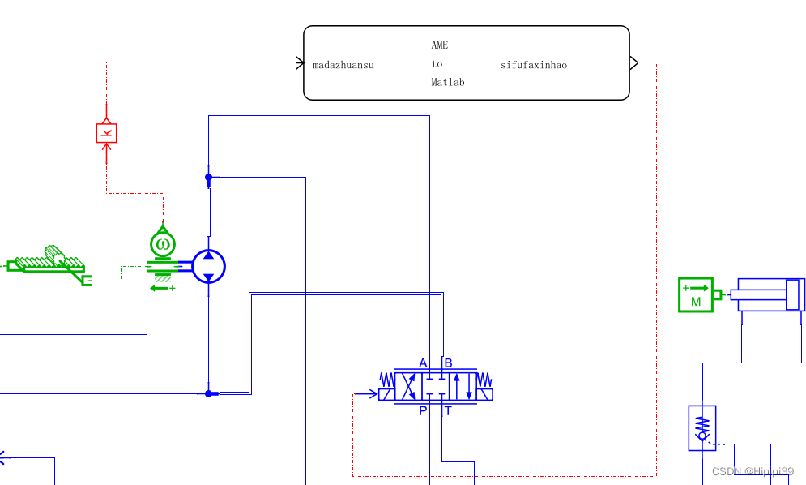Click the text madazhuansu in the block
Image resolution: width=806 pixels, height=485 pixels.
[x=343, y=65]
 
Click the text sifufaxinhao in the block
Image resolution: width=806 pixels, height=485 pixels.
[x=534, y=65]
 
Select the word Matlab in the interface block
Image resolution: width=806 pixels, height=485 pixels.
[x=447, y=83]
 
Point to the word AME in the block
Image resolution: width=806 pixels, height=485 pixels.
[x=439, y=45]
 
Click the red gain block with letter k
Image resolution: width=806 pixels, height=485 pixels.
[x=106, y=133]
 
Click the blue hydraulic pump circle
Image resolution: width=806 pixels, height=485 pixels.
[x=208, y=266]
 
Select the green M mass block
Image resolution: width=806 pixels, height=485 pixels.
[x=696, y=294]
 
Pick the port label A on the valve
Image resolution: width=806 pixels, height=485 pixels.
[x=423, y=363]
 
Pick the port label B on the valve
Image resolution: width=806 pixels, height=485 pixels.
[x=448, y=363]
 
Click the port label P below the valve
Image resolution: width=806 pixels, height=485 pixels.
[x=423, y=411]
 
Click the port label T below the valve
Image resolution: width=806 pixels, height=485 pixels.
[x=448, y=411]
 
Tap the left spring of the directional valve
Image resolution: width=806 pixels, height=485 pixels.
[x=387, y=380]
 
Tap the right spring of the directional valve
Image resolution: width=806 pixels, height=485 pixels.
[x=484, y=380]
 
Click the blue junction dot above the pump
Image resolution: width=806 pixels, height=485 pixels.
[x=208, y=177]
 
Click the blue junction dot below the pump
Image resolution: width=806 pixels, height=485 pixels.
[x=208, y=393]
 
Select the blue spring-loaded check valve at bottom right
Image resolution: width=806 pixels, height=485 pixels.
[x=702, y=428]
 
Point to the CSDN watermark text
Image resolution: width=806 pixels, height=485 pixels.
[x=753, y=471]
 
